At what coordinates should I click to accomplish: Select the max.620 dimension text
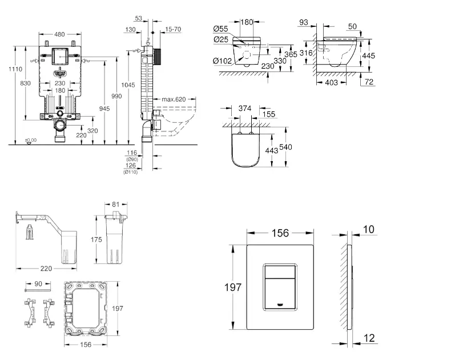(x=174, y=99)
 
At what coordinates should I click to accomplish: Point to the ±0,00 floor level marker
(x=30, y=140)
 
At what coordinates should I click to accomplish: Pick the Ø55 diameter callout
(x=222, y=29)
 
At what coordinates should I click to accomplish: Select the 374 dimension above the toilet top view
(x=244, y=108)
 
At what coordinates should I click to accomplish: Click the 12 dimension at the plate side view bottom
(x=369, y=338)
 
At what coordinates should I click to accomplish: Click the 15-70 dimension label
(x=174, y=29)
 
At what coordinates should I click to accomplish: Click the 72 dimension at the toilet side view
(x=370, y=83)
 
